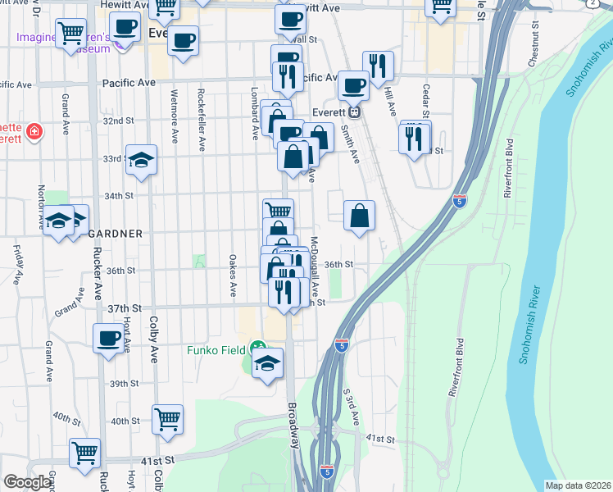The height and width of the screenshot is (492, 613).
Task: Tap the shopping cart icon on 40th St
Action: [x=167, y=419]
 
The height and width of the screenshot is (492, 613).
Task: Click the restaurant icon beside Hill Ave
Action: [x=378, y=66]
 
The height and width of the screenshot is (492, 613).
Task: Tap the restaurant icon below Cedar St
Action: [x=415, y=137]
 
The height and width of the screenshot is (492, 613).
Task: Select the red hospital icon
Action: [x=34, y=131]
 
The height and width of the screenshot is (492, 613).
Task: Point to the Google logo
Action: [x=27, y=483]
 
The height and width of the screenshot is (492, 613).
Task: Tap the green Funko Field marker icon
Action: [x=257, y=347]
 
